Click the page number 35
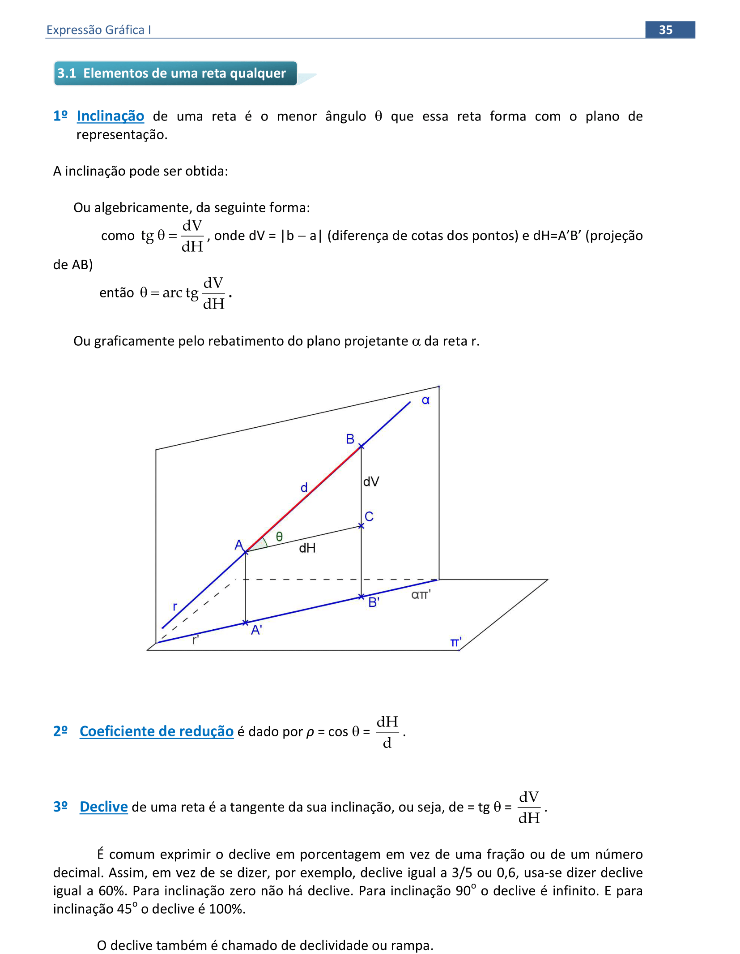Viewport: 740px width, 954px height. (665, 30)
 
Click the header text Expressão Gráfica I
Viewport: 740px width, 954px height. (98, 30)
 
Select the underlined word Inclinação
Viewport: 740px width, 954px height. (110, 116)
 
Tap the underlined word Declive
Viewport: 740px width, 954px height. (103, 807)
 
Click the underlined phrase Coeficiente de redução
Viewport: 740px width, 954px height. (156, 731)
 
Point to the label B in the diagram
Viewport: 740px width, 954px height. (350, 439)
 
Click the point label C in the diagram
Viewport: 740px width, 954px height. (369, 516)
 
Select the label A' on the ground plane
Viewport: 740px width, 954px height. (256, 630)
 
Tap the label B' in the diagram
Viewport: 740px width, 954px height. (374, 602)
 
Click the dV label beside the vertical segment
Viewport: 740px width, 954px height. (371, 481)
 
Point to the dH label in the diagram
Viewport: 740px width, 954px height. (307, 548)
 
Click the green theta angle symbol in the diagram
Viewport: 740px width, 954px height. (279, 537)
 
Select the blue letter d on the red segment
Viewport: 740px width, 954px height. (304, 487)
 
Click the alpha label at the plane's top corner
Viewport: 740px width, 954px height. (425, 400)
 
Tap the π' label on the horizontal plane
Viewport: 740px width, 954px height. (455, 643)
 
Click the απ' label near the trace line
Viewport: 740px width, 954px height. (421, 594)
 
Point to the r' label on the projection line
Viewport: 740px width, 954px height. (195, 640)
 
